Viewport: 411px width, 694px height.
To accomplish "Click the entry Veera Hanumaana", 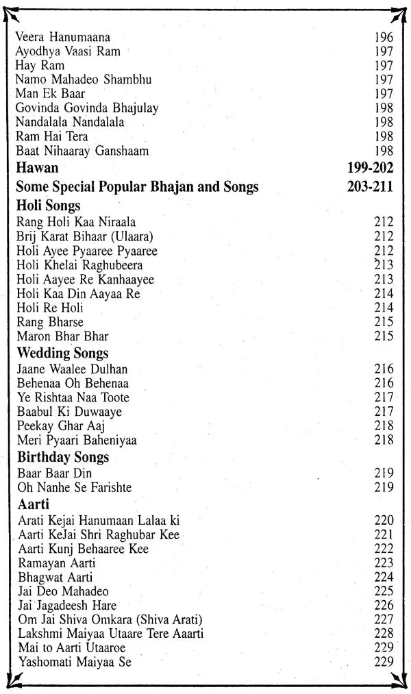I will (x=62, y=37).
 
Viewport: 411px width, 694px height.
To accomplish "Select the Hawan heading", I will (x=37, y=167).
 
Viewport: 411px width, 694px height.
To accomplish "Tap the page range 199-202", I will (x=370, y=167).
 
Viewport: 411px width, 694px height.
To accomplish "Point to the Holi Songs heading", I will (x=48, y=206).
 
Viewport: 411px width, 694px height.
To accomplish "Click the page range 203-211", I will (x=370, y=186).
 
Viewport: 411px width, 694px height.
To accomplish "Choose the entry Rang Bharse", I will (x=49, y=322).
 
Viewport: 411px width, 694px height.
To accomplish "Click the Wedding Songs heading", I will (x=62, y=354).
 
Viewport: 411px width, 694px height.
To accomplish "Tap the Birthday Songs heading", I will (x=63, y=457).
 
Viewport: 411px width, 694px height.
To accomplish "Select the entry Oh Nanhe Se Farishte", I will (x=73, y=488).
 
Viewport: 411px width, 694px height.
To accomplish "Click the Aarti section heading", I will (x=32, y=505).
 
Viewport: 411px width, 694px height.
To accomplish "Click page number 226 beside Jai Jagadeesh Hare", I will (x=384, y=606).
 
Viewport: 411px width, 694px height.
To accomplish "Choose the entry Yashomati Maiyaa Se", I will (x=74, y=662).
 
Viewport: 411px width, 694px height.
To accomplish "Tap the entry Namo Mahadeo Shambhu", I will (x=83, y=79).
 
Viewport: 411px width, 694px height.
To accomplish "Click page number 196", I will (x=384, y=37).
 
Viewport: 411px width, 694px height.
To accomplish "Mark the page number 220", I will (x=384, y=521).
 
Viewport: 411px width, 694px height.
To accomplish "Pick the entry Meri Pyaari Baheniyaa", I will (x=76, y=440).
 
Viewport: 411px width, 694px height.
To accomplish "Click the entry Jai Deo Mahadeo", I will (x=63, y=591).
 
